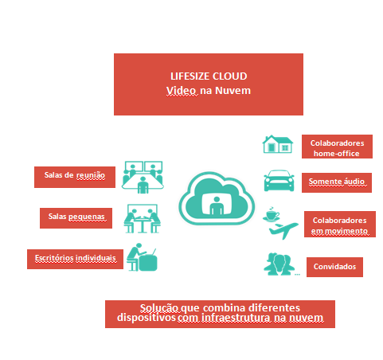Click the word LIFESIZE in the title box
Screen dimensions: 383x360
tap(190, 76)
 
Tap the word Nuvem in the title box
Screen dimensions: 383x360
tap(233, 91)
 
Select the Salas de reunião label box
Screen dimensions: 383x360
tap(75, 177)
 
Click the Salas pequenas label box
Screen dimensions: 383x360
tap(76, 218)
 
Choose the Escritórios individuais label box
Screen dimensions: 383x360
tap(75, 259)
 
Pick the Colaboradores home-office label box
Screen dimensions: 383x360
tap(337, 147)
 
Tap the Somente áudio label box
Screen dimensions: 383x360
tap(337, 182)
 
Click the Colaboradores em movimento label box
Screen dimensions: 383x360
tap(340, 224)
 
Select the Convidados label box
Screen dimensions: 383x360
tap(334, 267)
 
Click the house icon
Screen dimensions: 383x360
tap(278, 144)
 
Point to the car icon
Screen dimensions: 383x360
tap(279, 181)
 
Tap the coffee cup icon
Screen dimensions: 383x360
tap(272, 214)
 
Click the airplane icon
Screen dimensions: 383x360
tap(283, 230)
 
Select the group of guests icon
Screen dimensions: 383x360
tap(279, 264)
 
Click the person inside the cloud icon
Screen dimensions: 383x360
tap(217, 206)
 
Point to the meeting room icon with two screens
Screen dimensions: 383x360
tap(143, 177)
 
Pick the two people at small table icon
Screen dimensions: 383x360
tap(143, 219)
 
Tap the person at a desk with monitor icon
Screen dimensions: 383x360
tap(142, 257)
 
